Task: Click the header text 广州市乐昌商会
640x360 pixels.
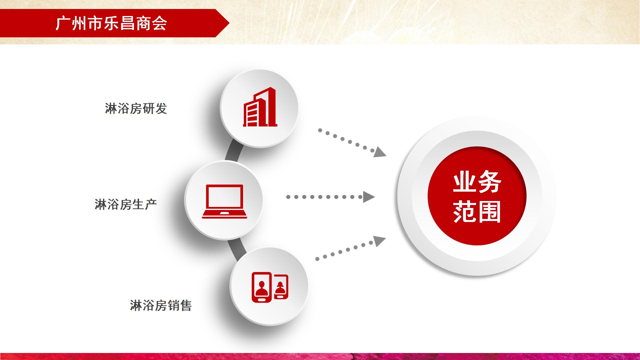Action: (111, 23)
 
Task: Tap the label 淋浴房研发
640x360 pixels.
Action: (136, 109)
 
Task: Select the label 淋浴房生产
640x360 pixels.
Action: (126, 204)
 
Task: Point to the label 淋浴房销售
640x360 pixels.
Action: (161, 305)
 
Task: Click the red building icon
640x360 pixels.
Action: (260, 107)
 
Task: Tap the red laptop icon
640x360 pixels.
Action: (224, 201)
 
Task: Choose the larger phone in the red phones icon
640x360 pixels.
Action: (262, 287)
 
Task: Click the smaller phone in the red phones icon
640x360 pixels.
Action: (281, 287)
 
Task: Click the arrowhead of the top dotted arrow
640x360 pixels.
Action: (379, 152)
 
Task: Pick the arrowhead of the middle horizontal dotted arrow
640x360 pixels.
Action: (369, 197)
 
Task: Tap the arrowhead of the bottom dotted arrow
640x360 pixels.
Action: (379, 241)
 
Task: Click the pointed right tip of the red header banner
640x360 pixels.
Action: (229, 23)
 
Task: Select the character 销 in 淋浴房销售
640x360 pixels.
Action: (173, 305)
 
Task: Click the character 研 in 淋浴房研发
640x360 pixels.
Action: (148, 109)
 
